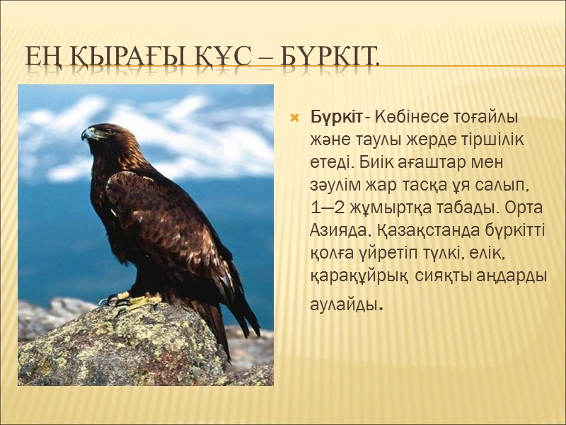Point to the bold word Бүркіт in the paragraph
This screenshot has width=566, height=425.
pos(340,115)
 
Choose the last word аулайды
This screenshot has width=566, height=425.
pos(347,305)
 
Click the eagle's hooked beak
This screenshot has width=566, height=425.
pos(87,135)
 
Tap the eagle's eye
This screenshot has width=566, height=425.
pos(101,130)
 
